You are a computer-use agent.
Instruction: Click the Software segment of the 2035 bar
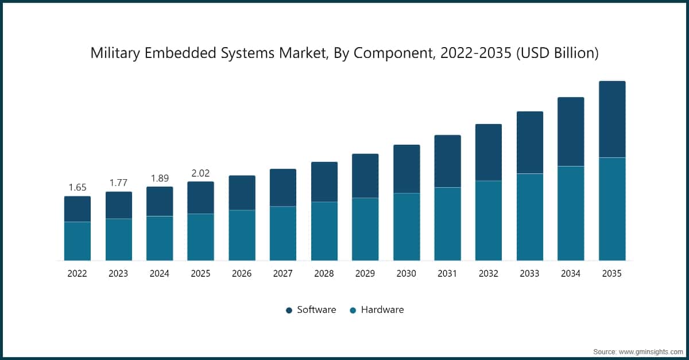pos(612,119)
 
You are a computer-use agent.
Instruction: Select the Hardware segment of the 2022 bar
pos(77,241)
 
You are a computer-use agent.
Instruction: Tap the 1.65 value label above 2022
pos(77,187)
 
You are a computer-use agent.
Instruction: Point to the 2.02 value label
pos(200,173)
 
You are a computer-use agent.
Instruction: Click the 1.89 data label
pos(160,177)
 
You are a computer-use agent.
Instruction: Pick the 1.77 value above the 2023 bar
pos(118,183)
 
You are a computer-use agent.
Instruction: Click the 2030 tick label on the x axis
pos(407,274)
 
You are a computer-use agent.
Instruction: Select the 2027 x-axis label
pos(283,274)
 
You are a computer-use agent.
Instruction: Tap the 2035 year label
pos(612,274)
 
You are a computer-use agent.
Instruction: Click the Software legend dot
pos(289,310)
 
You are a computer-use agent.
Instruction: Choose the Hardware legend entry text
pos(382,309)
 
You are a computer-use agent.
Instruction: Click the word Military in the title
pos(114,53)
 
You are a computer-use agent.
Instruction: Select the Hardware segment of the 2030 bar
pos(407,227)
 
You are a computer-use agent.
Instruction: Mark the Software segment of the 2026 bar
pos(242,192)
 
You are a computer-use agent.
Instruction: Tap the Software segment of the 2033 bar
pos(530,142)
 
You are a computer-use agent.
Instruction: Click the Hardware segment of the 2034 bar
pos(571,213)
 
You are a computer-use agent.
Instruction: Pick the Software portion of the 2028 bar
pos(324,181)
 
